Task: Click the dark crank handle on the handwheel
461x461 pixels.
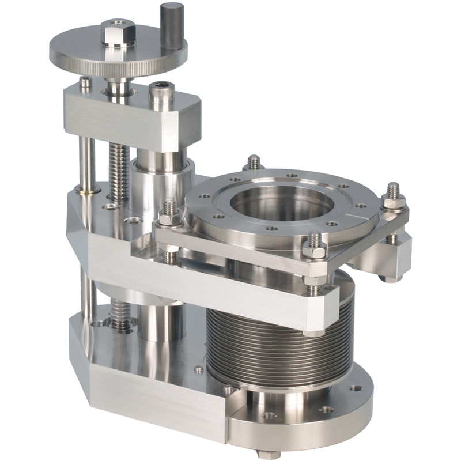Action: [172, 26]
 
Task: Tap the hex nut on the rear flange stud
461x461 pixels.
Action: [254, 164]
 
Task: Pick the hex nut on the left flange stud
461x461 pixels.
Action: [169, 218]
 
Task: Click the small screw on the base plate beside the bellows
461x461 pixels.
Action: [199, 369]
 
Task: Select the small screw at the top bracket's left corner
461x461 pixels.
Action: [85, 83]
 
